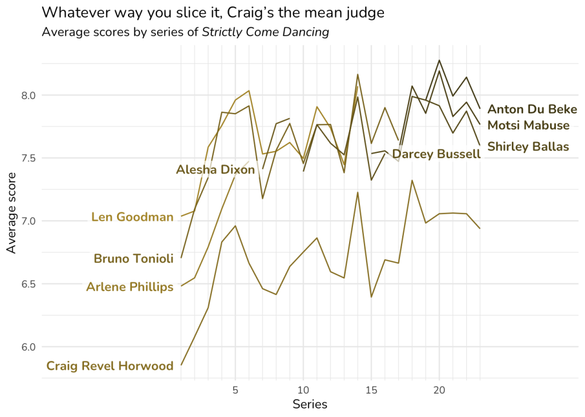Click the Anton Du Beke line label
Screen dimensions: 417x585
click(x=532, y=110)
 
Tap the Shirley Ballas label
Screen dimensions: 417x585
click(x=528, y=147)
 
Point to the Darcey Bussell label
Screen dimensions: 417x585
click(x=436, y=153)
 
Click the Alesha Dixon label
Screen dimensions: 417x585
click(x=215, y=169)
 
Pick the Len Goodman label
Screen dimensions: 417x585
click(x=132, y=217)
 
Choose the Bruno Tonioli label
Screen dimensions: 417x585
click(x=133, y=259)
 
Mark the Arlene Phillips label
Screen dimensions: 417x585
click(x=130, y=287)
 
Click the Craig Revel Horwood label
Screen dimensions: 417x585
click(x=110, y=366)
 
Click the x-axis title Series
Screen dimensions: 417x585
click(x=310, y=404)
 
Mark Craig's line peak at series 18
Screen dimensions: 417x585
click(x=412, y=180)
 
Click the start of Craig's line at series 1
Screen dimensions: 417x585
click(x=181, y=365)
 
